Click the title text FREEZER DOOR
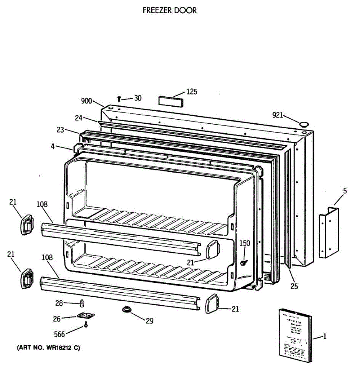tap(169, 10)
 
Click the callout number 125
tap(191, 92)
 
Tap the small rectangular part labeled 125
tap(170, 101)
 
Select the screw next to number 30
tap(119, 99)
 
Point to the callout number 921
tap(278, 115)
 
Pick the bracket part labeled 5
tap(329, 232)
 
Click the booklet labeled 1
tap(295, 335)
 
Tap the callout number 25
tap(294, 286)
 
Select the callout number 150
tap(245, 243)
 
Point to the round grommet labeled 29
tap(126, 309)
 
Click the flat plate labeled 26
tap(86, 316)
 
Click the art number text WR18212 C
tap(48, 348)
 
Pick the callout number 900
tap(87, 101)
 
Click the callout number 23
tap(60, 130)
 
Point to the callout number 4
tap(53, 146)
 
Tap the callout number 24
tap(78, 118)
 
